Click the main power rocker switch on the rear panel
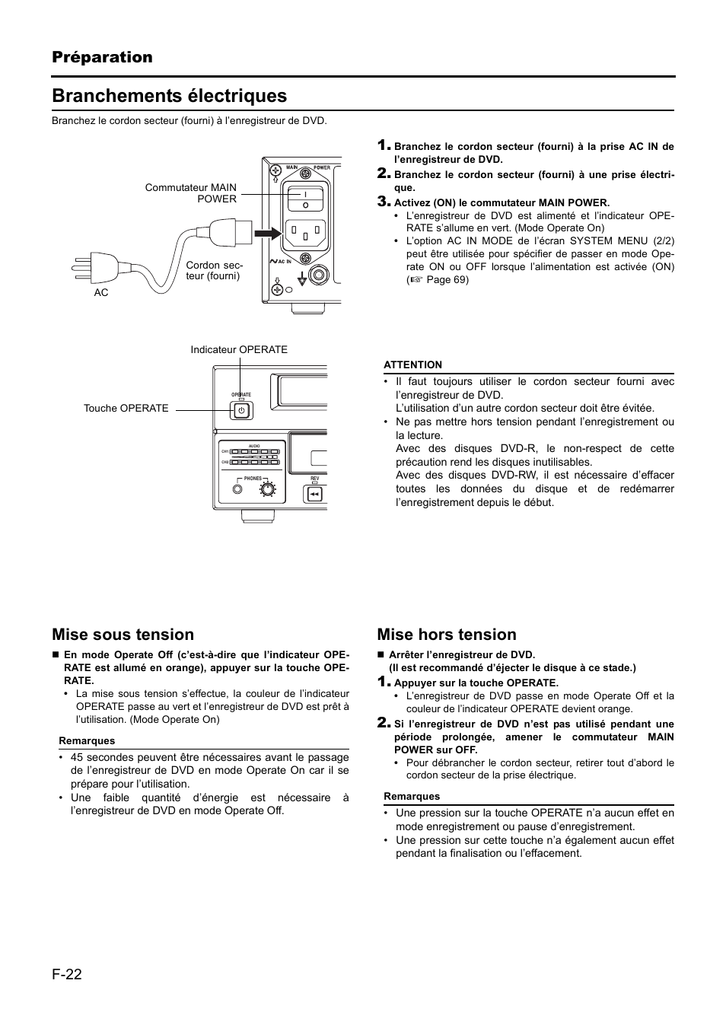(305, 199)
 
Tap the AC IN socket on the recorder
(305, 232)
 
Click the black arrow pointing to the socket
(266, 232)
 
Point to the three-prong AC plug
(96, 266)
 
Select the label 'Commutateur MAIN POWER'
(191, 193)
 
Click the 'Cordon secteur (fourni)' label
(214, 271)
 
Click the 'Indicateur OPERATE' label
(239, 349)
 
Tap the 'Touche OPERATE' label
(126, 409)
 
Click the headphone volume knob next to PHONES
(267, 491)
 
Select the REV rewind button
(314, 495)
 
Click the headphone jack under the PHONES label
(240, 491)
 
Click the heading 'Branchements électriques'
(170, 96)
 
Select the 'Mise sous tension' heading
(123, 635)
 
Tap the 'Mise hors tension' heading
(447, 635)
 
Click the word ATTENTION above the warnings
(412, 365)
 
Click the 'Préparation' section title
(102, 57)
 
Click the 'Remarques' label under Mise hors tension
(412, 797)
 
